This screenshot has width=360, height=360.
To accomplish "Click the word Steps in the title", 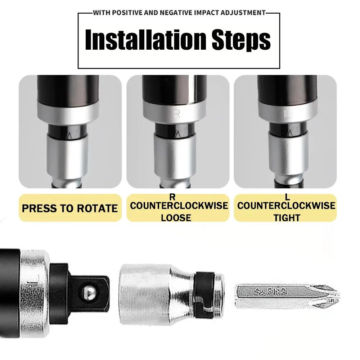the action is point(241,40).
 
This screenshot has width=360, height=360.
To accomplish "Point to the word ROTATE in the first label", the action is point(97,208).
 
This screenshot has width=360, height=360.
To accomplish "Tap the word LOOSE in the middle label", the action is point(176,218).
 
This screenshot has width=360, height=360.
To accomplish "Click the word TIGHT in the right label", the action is point(287,218).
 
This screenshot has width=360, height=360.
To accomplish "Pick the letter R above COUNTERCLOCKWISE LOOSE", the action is point(172,197).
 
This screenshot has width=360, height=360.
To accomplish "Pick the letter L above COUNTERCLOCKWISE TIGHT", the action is point(287,197).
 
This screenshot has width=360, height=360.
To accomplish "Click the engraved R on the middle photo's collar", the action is point(177,114).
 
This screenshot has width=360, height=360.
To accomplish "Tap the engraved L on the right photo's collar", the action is point(287,114).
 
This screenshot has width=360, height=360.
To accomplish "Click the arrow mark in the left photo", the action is point(69,136).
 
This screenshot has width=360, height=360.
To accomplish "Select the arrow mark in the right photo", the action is point(290,134).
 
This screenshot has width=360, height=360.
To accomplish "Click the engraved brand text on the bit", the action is point(271,292).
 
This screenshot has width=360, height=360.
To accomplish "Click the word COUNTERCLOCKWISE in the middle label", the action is point(179,206).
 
